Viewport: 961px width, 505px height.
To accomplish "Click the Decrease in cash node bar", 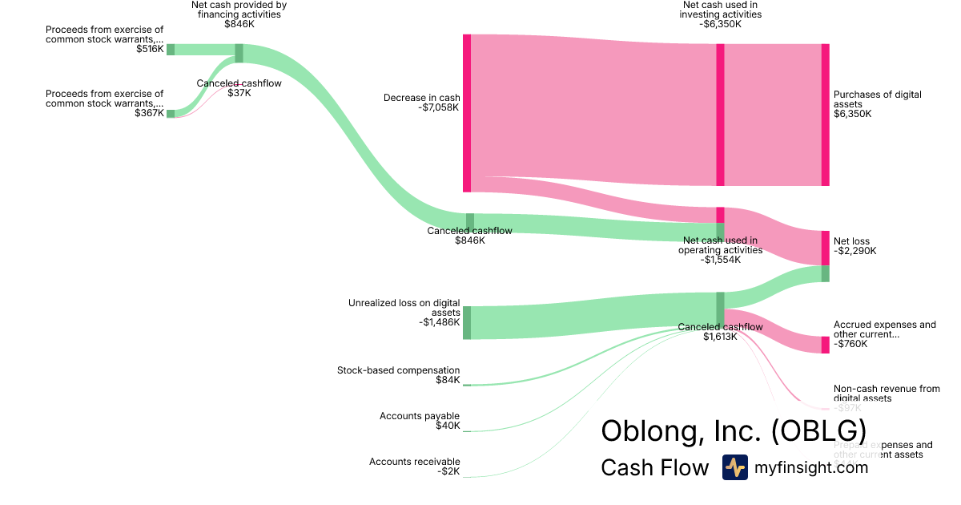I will point(467,113).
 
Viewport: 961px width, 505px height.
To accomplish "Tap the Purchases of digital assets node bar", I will point(825,115).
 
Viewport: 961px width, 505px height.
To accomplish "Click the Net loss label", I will point(851,241).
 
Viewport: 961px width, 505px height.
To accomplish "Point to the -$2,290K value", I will point(854,252).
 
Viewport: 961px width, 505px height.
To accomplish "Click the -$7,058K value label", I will point(439,108).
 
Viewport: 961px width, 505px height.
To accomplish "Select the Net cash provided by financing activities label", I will point(239,10).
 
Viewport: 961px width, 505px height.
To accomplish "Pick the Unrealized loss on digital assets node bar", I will point(467,322).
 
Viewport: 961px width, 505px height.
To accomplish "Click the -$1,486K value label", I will point(439,322).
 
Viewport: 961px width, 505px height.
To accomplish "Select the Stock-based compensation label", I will point(398,370).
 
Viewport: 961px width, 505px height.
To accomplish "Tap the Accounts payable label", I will point(420,416).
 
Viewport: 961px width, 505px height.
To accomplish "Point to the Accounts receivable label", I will point(414,462).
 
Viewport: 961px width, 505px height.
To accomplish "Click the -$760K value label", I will point(850,344).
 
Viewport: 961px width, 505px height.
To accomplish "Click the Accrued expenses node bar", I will point(825,345).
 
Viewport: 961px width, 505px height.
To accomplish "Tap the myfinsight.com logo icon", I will point(734,467).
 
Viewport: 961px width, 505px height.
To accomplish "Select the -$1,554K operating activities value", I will point(720,260).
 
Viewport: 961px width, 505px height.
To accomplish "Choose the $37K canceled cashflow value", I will point(239,93).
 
